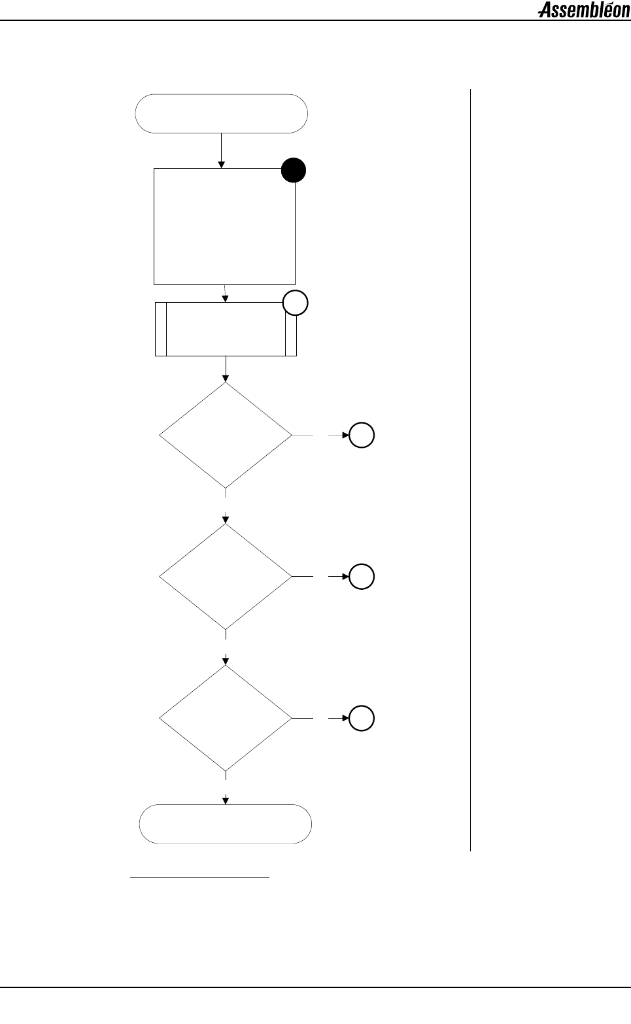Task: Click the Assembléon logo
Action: (x=584, y=10)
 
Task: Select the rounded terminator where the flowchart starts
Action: (x=221, y=114)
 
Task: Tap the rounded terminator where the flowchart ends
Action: (x=226, y=824)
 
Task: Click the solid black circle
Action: (x=294, y=171)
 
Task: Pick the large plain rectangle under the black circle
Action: (x=224, y=226)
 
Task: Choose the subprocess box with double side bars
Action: (x=226, y=329)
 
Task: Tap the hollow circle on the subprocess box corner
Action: (x=296, y=303)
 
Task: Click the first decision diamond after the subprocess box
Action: (x=226, y=435)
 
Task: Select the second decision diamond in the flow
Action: (x=226, y=576)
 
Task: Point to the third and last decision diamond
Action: (x=226, y=718)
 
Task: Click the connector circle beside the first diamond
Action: (x=362, y=435)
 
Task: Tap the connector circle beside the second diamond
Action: (x=362, y=577)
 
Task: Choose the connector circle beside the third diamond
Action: (x=362, y=718)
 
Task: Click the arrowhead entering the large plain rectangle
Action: (x=222, y=164)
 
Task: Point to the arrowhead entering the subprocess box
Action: (x=226, y=298)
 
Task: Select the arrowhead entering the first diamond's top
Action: (x=226, y=377)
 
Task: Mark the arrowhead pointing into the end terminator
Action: (x=226, y=800)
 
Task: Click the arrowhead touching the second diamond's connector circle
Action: (x=347, y=577)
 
